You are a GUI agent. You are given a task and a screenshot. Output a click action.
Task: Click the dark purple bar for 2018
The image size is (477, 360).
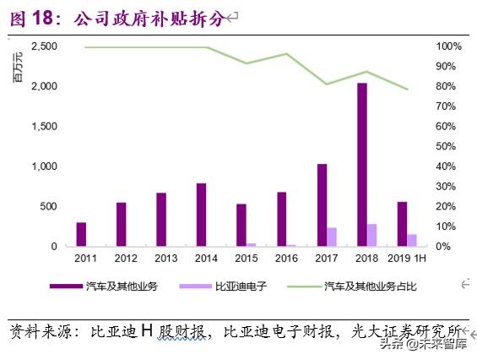tap(361, 165)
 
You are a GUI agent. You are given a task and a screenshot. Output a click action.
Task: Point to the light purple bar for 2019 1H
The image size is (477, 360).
tap(412, 240)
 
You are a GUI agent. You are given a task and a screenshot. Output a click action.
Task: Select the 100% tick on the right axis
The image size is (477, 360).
tap(448, 46)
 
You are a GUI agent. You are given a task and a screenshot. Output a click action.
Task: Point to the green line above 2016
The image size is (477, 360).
tap(286, 54)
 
